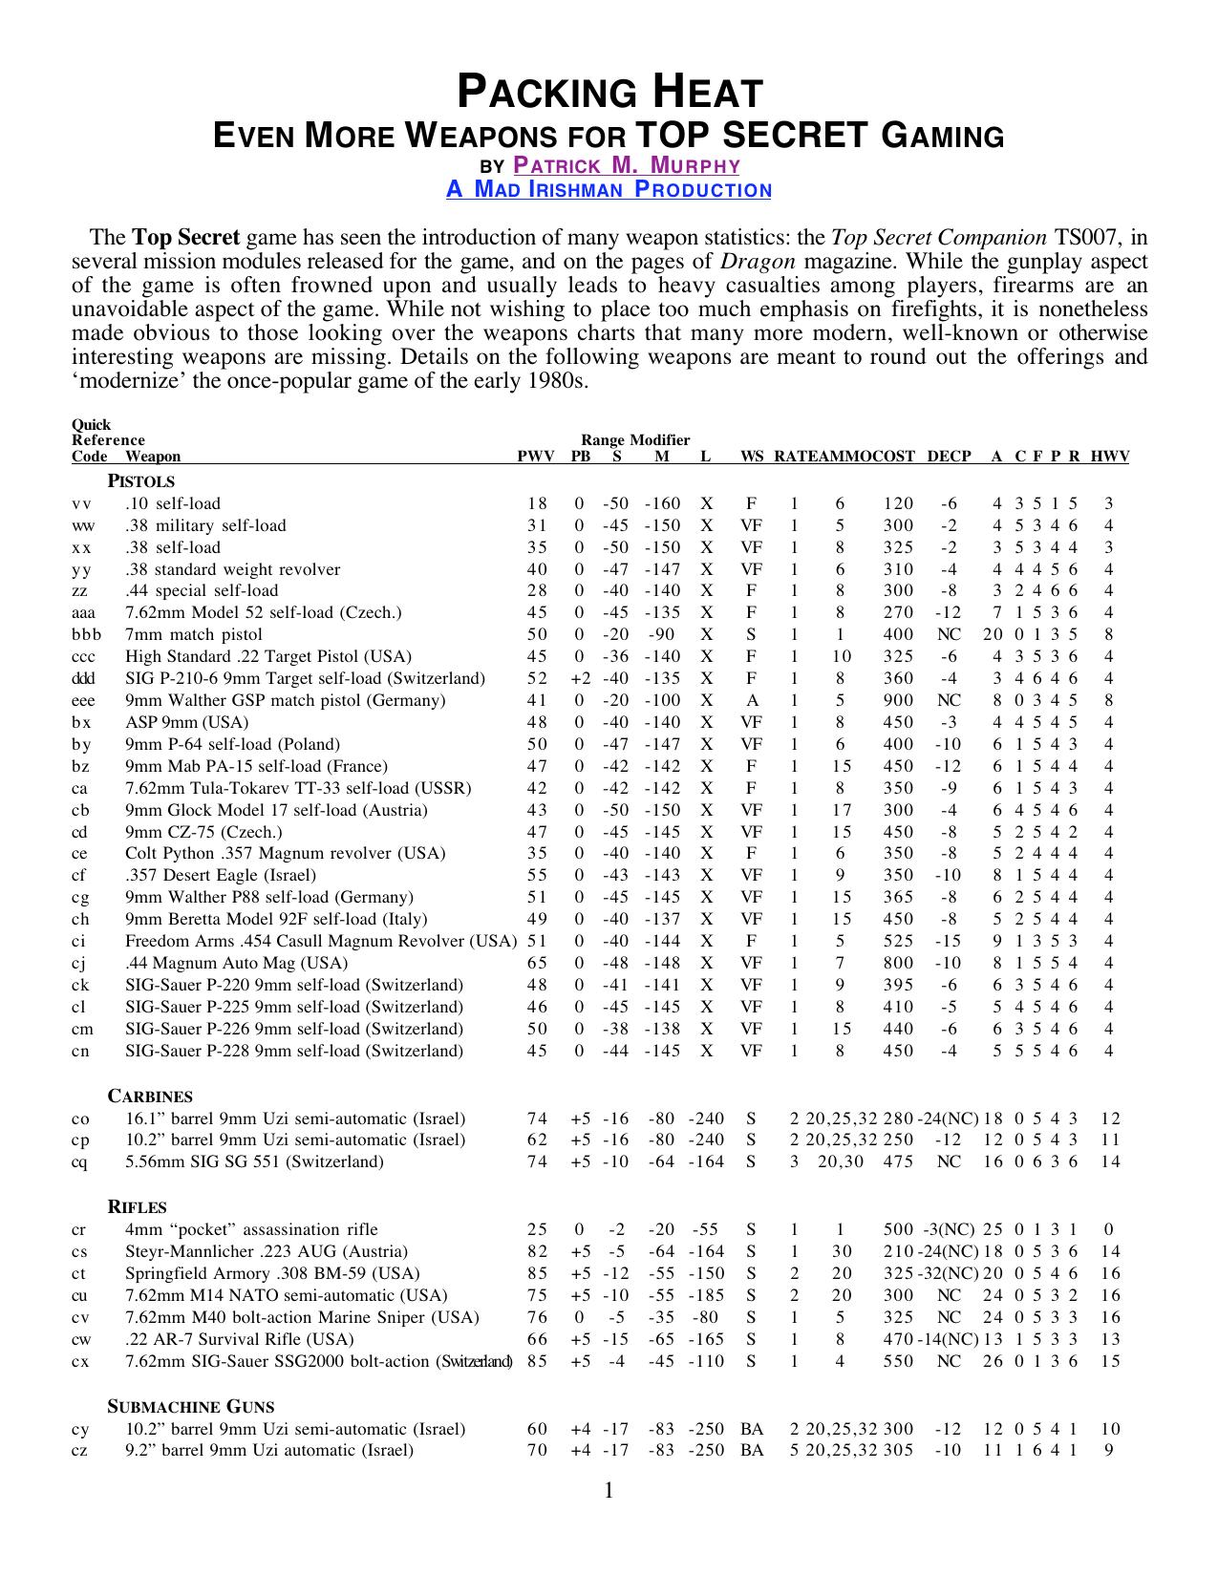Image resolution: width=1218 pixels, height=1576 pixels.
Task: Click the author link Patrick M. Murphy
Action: coord(627,165)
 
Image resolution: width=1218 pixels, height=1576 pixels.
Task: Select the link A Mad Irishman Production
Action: coord(609,189)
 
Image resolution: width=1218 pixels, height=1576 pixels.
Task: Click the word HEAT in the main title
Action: coord(708,94)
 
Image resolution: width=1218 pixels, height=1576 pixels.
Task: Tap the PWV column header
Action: coord(536,457)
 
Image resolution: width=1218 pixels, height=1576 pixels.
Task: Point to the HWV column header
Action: coord(1110,457)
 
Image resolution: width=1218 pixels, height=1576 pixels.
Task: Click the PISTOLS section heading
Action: coord(140,481)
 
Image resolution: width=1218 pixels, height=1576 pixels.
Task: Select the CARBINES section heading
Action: coord(150,1097)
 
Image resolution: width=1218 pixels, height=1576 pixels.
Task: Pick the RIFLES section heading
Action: coord(138,1207)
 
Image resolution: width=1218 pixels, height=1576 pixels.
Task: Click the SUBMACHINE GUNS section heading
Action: coord(190,1407)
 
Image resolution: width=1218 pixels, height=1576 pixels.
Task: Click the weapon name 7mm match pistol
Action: coord(194,634)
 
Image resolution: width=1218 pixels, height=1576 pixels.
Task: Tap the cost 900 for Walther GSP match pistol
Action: coord(898,700)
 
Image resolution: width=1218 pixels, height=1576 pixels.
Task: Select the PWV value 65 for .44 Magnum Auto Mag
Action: coord(537,963)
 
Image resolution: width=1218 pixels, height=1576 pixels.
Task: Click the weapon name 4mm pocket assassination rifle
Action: coord(251,1229)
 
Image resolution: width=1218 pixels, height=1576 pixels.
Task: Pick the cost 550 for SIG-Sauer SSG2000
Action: coord(898,1361)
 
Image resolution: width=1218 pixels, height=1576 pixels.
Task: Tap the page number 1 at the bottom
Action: coord(609,1491)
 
